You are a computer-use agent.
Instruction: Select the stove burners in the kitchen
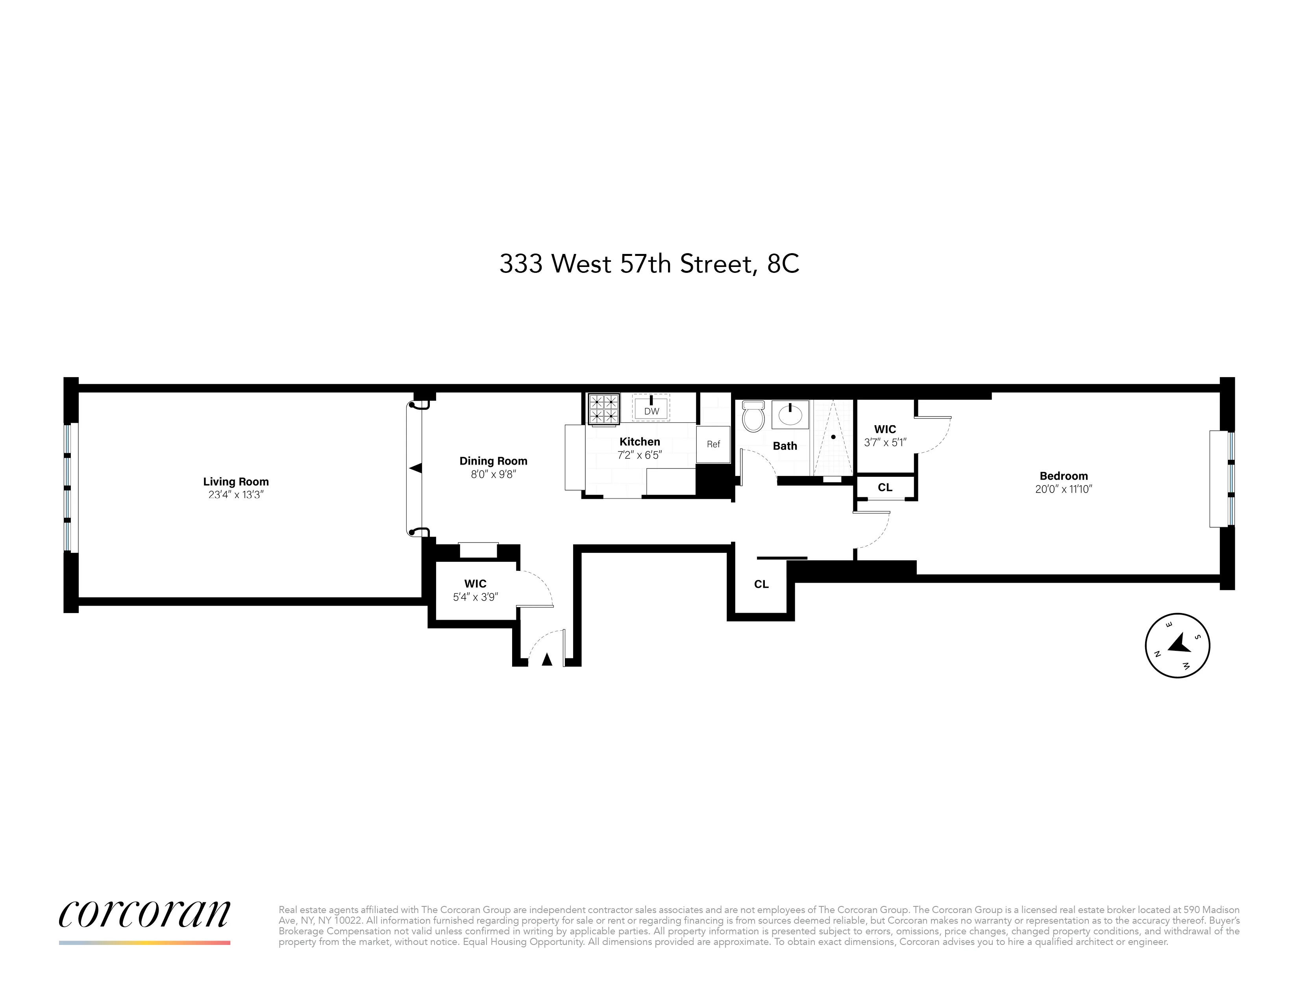pyautogui.click(x=604, y=409)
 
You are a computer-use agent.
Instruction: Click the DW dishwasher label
pyautogui.click(x=651, y=411)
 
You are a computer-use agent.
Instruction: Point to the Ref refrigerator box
pyautogui.click(x=713, y=444)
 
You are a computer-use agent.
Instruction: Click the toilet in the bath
pyautogui.click(x=753, y=416)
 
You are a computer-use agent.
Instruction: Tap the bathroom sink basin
pyautogui.click(x=790, y=415)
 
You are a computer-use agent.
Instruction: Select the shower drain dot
pyautogui.click(x=833, y=437)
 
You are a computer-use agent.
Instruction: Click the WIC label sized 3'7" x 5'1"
pyautogui.click(x=885, y=429)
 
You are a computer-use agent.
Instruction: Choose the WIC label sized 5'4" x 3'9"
pyautogui.click(x=475, y=584)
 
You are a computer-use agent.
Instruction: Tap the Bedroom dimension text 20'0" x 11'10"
pyautogui.click(x=1064, y=489)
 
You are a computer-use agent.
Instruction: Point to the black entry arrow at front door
pyautogui.click(x=547, y=659)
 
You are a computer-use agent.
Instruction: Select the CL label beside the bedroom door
pyautogui.click(x=885, y=487)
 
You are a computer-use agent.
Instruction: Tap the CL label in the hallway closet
pyautogui.click(x=761, y=584)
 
